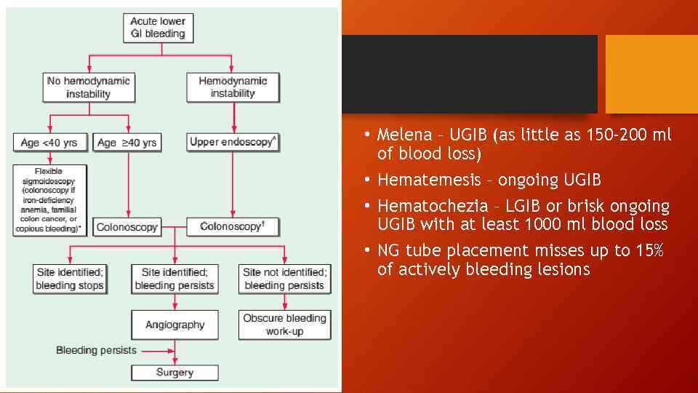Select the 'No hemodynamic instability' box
89,87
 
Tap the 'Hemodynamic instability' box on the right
233,87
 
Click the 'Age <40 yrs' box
49,142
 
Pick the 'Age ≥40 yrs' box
128,142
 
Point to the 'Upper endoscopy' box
233,142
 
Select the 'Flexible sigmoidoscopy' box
49,200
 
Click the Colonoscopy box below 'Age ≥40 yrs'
128,227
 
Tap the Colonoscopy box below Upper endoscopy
233,227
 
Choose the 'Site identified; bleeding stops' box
70,279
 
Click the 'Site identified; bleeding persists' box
174,279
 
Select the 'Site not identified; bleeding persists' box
284,279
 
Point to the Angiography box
174,325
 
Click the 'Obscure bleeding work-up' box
284,325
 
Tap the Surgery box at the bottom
174,373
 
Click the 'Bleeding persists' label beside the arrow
96,350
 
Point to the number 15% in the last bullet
651,251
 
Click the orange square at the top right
651,74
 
